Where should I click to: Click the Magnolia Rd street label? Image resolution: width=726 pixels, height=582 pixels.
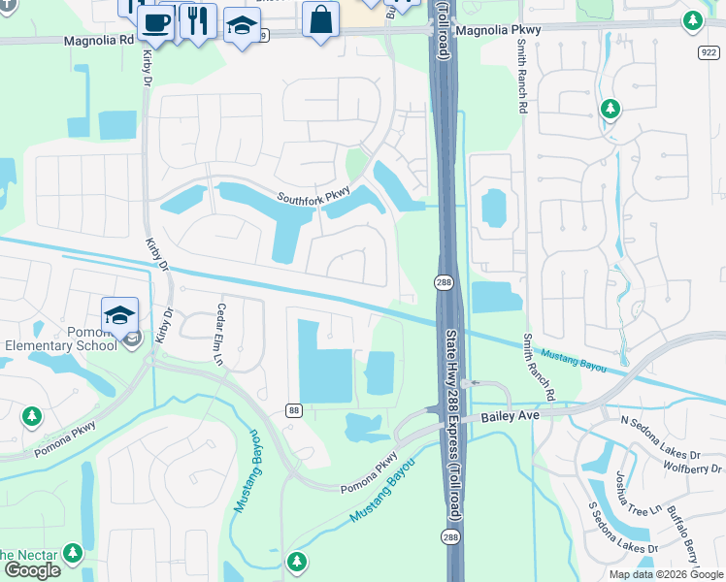(x=99, y=42)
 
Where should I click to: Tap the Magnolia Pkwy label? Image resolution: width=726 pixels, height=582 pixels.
(x=498, y=30)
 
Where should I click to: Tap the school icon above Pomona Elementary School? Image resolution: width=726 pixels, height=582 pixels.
(x=119, y=314)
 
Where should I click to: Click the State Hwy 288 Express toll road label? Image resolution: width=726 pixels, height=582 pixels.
(x=451, y=422)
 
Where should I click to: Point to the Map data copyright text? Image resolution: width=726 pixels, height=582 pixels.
(x=665, y=574)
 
